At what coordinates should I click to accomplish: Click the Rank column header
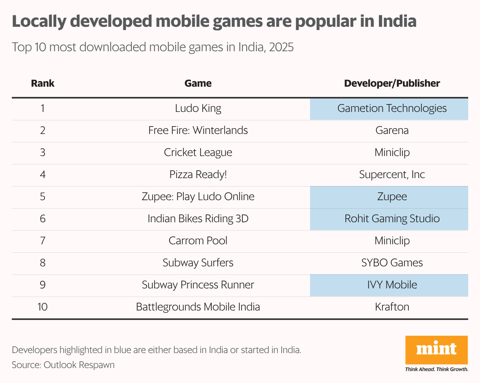pyautogui.click(x=42, y=84)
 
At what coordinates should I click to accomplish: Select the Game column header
pyautogui.click(x=198, y=84)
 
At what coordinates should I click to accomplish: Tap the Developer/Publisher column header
pyautogui.click(x=392, y=84)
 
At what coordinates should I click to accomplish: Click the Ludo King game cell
pyautogui.click(x=198, y=108)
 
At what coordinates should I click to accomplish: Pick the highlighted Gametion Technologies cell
pyautogui.click(x=392, y=108)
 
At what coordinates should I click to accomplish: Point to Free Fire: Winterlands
pyautogui.click(x=198, y=130)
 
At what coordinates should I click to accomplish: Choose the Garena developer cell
pyautogui.click(x=392, y=130)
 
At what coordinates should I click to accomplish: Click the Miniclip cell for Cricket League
pyautogui.click(x=392, y=152)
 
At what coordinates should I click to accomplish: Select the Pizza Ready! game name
pyautogui.click(x=198, y=175)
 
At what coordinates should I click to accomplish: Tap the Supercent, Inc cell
pyautogui.click(x=392, y=175)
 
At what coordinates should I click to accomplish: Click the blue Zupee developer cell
pyautogui.click(x=392, y=197)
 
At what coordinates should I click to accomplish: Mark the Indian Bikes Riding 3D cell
pyautogui.click(x=198, y=218)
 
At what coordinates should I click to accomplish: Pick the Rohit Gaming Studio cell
pyautogui.click(x=392, y=218)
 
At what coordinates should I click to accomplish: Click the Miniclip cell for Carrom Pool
pyautogui.click(x=392, y=240)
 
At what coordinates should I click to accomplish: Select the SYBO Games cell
pyautogui.click(x=392, y=263)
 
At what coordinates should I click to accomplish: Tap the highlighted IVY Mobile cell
pyautogui.click(x=392, y=284)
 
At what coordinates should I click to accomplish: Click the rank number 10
pyautogui.click(x=42, y=307)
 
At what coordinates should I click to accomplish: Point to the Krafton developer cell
pyautogui.click(x=392, y=307)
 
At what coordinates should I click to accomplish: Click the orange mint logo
pyautogui.click(x=436, y=350)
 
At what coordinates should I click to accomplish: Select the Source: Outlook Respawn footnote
pyautogui.click(x=63, y=365)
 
